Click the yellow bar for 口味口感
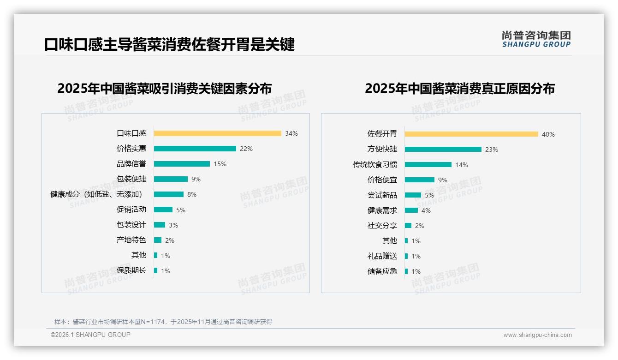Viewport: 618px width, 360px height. click(x=217, y=133)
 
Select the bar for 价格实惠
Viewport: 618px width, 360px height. click(x=195, y=149)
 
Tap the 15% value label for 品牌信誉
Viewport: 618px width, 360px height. click(x=220, y=164)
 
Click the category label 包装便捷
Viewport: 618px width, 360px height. click(x=131, y=179)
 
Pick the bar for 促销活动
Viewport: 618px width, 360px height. click(x=163, y=210)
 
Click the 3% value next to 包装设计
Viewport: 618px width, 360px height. click(x=173, y=225)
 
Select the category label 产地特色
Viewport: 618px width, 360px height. click(x=131, y=240)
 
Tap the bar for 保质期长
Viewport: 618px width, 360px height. click(x=155, y=270)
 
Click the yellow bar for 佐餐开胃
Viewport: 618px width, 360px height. click(x=471, y=134)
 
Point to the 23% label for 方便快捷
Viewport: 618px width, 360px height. click(x=492, y=150)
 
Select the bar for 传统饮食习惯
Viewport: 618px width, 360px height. click(x=428, y=165)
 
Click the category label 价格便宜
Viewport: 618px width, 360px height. click(x=382, y=180)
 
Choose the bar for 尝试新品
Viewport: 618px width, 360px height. click(x=413, y=195)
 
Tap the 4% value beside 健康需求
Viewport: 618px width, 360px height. click(x=426, y=210)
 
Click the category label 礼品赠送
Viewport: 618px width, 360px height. click(x=382, y=256)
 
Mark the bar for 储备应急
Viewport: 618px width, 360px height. click(x=406, y=271)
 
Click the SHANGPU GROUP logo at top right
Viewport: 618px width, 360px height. click(x=536, y=39)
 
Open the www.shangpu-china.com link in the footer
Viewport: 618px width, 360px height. click(x=537, y=335)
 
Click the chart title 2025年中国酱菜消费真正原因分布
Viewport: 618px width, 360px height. click(x=459, y=88)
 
